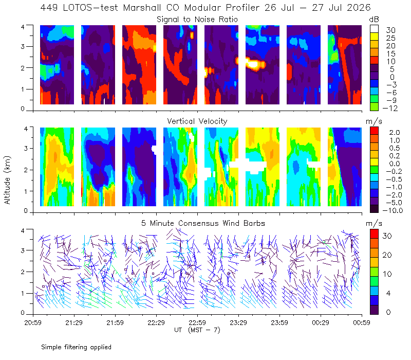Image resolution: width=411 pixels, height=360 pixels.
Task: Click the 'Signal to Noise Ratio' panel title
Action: coord(197,20)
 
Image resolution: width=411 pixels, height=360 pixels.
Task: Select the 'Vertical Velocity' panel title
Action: coord(197,121)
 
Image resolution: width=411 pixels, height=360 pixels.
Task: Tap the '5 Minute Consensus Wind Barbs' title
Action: coord(203,223)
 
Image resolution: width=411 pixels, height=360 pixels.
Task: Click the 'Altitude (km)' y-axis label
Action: coord(7,180)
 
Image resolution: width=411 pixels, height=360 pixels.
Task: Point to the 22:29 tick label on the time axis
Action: coord(156,322)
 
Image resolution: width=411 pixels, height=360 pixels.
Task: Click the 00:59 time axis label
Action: coord(362,322)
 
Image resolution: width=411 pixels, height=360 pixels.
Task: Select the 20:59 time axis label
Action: coord(33,322)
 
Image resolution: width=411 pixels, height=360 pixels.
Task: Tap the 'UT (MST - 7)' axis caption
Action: coord(197,330)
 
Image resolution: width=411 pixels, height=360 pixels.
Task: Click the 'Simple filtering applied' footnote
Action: coord(76,348)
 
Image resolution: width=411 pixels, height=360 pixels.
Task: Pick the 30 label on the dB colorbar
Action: coord(390,30)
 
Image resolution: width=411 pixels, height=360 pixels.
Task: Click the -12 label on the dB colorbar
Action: coord(390,108)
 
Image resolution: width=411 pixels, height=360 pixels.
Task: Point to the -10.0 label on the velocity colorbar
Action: coord(393,210)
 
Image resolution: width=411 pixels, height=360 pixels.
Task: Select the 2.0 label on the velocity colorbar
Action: coord(395,133)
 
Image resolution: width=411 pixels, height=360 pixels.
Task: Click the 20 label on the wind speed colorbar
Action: coord(387,255)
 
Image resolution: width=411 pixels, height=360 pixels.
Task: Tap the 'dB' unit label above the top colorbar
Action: coord(374,20)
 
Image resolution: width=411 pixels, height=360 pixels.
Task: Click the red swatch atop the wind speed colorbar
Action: coord(374,233)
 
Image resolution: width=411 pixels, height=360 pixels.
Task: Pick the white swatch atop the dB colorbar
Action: coord(374,29)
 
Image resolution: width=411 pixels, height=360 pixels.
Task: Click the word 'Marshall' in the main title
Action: coord(142,8)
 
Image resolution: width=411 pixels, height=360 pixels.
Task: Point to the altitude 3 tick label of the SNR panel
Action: coord(23,46)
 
